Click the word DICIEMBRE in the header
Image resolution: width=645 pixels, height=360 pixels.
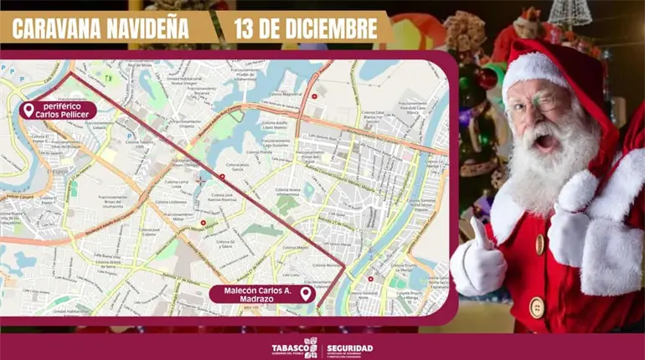pos(333,28)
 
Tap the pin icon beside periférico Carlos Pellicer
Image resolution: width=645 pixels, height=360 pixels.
pos(28,111)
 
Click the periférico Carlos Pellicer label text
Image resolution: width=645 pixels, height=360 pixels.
pos(64,111)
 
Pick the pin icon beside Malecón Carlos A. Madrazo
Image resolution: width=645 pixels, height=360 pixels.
pos(306,294)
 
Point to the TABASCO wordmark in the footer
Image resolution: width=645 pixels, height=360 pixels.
pos(286,346)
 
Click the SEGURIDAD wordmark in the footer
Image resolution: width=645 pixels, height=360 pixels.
pos(350,347)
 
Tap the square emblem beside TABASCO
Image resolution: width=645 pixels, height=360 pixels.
pos(311,347)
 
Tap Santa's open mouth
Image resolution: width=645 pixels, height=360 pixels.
pos(544,141)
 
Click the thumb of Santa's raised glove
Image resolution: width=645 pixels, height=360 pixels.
pos(481,234)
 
